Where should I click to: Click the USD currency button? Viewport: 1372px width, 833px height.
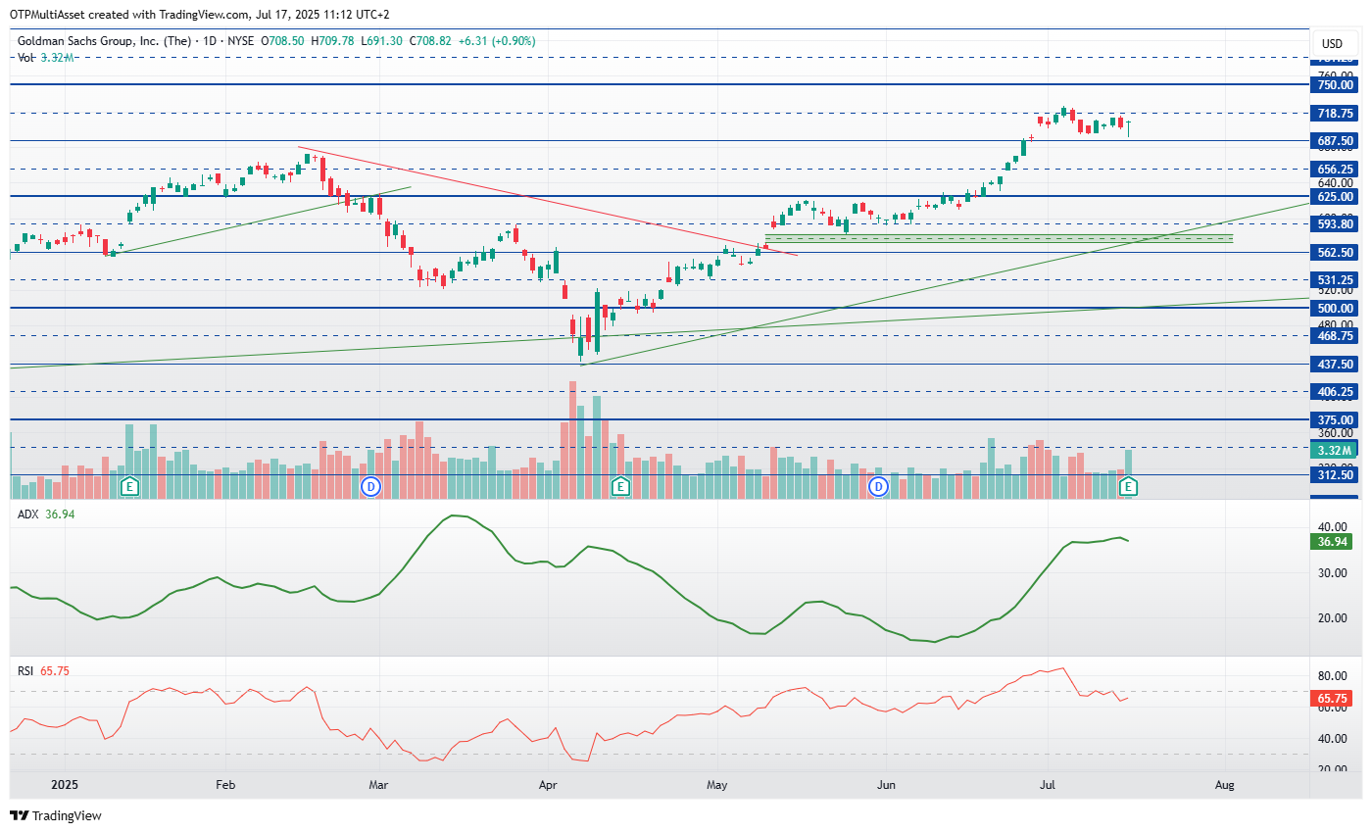pos(1332,44)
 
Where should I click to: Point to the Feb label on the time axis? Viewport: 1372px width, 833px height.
pos(225,785)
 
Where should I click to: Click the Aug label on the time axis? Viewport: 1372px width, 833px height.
pos(1224,785)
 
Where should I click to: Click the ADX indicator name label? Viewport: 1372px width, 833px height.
pos(27,514)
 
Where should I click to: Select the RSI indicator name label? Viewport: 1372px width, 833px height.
pos(26,670)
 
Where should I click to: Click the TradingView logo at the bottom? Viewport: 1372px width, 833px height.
pos(56,815)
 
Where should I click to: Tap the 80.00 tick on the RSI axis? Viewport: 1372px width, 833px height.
pos(1331,676)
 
